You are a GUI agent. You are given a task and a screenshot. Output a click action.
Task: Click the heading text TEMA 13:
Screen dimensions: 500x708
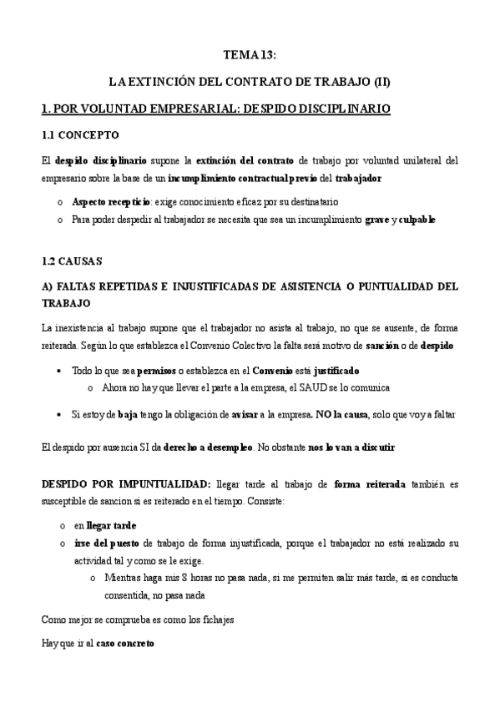[x=250, y=55]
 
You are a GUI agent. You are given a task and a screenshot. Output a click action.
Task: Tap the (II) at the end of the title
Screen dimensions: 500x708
[x=379, y=82]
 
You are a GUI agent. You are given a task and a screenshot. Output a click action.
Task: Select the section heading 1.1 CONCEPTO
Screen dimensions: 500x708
[x=80, y=134]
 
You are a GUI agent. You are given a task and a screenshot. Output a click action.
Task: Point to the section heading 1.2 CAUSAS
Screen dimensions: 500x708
[x=72, y=261]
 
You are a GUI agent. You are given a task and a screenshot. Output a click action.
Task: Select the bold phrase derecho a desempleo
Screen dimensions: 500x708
[x=208, y=447]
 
